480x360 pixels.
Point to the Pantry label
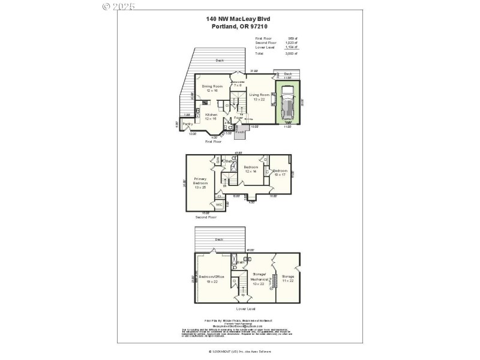tap(187, 125)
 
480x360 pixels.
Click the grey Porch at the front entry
tap(239, 132)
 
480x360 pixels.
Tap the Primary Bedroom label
tap(200, 182)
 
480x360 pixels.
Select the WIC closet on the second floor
tap(219, 205)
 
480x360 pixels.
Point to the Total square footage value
tap(293, 53)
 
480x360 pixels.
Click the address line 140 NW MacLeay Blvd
tap(239, 19)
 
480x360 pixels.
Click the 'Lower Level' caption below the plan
tap(246, 308)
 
